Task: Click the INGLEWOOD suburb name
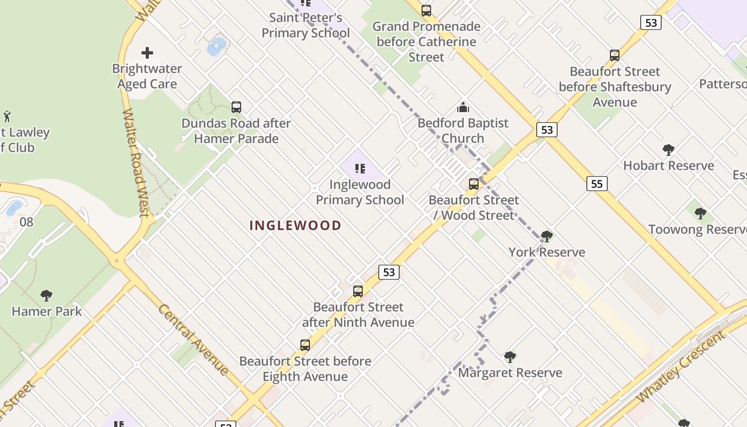[295, 225]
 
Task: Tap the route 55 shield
[597, 184]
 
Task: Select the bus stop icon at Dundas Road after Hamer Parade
[236, 107]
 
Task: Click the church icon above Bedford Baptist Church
[463, 106]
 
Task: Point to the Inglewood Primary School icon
[360, 169]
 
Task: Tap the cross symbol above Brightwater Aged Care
[147, 52]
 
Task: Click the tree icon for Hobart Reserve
[668, 149]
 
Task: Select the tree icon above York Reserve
[546, 236]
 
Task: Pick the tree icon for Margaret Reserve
[510, 357]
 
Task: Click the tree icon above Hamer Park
[46, 295]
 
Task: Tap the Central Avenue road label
[194, 339]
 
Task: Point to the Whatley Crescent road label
[681, 367]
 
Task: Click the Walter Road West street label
[136, 163]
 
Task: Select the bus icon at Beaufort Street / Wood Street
[473, 184]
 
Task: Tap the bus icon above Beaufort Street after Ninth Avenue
[358, 291]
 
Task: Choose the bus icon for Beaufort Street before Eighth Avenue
[305, 345]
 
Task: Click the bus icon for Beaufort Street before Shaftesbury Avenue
[615, 56]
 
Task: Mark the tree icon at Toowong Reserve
[700, 213]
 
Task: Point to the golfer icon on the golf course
[7, 116]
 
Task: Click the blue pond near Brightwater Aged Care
[216, 46]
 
